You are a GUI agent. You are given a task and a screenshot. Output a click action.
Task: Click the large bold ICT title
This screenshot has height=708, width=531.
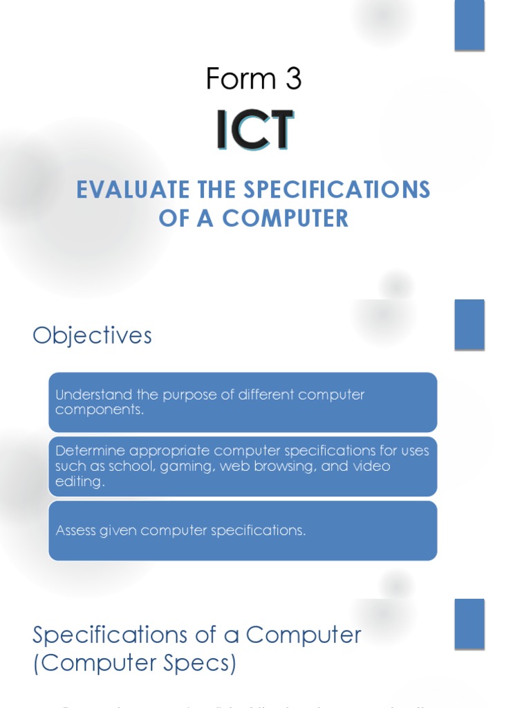[x=254, y=129]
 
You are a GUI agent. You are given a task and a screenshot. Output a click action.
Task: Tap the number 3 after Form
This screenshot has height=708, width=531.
[x=292, y=80]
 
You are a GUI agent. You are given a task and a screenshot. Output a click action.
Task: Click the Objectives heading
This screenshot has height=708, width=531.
[x=92, y=335]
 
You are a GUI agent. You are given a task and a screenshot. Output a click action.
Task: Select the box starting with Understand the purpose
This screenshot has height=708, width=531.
[x=243, y=402]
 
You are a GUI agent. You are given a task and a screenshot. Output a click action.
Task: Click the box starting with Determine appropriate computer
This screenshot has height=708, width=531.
[x=243, y=465]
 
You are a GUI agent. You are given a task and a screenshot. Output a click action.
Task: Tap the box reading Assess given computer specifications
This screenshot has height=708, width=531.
[x=243, y=530]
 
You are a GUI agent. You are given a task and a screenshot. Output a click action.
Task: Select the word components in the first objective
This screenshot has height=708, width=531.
[x=98, y=409]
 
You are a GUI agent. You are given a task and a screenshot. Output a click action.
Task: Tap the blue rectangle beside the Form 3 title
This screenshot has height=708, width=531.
[x=469, y=26]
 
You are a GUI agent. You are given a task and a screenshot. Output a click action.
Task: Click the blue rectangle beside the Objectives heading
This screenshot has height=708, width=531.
[x=469, y=324]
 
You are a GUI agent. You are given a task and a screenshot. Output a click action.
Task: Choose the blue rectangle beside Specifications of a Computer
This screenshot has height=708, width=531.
[x=469, y=624]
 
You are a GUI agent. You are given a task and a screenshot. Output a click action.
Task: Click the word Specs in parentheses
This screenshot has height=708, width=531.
[x=196, y=664]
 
